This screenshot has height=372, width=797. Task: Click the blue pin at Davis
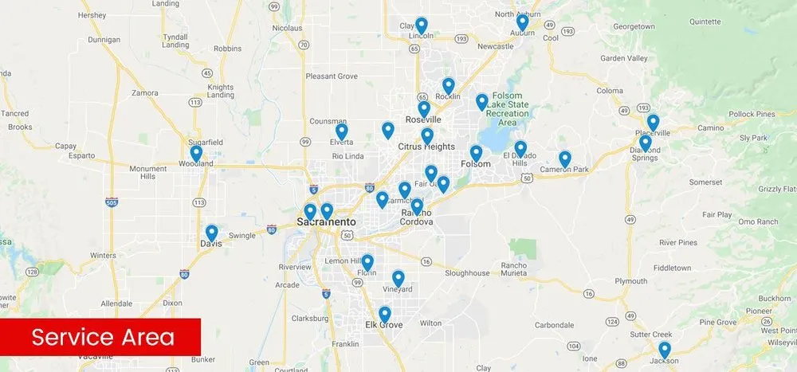(211, 233)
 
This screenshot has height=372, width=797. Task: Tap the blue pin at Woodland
(196, 153)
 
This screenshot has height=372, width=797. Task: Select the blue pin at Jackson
(665, 350)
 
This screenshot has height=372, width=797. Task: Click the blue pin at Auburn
(522, 23)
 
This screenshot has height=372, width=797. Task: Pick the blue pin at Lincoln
(422, 25)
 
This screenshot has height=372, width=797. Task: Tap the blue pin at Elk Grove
(385, 315)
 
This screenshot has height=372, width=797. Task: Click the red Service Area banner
(100, 337)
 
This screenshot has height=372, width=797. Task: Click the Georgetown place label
(633, 26)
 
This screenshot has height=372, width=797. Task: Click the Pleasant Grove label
(330, 76)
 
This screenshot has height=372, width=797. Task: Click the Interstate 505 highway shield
(111, 203)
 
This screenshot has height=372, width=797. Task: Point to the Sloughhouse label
(467, 273)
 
